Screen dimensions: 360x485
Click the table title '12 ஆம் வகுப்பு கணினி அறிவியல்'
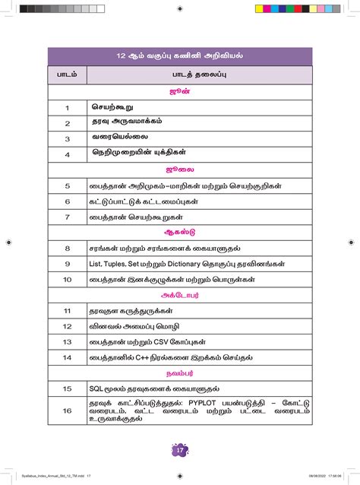coord(180,56)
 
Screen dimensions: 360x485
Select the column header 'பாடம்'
coord(68,75)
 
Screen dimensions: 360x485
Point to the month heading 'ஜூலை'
coord(180,170)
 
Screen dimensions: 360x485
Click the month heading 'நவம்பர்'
coord(180,373)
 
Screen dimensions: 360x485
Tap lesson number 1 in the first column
coord(68,109)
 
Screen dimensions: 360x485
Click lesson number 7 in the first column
coord(68,217)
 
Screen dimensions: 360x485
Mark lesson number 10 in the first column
coord(68,280)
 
